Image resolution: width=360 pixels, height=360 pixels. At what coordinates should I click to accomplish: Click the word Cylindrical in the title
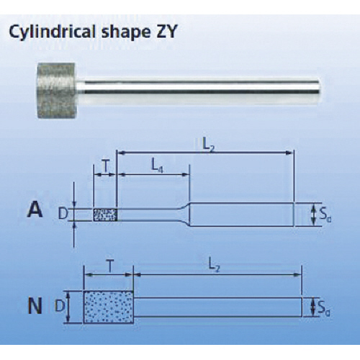[53, 32]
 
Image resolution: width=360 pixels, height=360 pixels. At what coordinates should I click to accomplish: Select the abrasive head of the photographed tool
[57, 90]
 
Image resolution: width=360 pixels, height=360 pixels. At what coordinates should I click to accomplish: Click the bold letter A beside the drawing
[35, 210]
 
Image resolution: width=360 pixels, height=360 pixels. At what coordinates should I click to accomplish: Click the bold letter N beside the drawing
[35, 306]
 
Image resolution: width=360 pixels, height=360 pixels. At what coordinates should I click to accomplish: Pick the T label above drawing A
[105, 166]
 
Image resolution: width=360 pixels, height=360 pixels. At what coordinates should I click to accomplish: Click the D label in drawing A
[63, 214]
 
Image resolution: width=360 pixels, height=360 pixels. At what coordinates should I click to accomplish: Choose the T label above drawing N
[109, 266]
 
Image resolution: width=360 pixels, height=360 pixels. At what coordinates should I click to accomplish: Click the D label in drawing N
[60, 306]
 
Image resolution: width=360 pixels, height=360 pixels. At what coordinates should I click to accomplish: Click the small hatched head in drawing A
[105, 215]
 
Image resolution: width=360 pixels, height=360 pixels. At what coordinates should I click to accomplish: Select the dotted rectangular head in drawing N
[108, 307]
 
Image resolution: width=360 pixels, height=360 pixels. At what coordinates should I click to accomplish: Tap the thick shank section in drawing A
[242, 215]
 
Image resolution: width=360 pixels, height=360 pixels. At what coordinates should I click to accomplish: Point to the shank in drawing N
[217, 307]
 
